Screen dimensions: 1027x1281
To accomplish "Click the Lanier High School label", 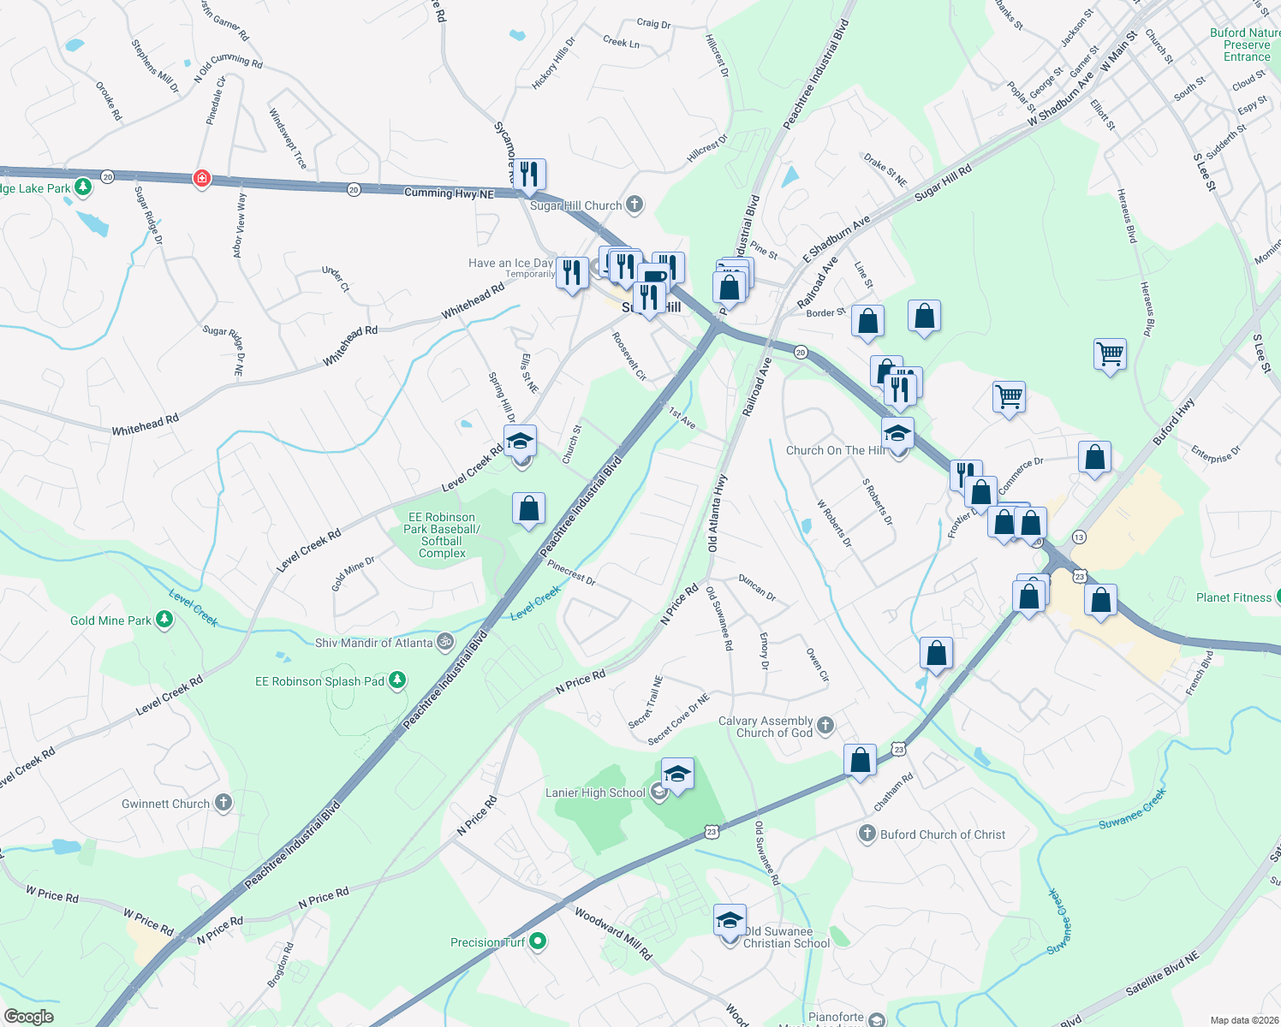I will pos(595,793).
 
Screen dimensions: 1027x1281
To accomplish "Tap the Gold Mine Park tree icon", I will pos(164,620).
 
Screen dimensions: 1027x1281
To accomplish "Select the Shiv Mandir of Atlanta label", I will pos(374,643).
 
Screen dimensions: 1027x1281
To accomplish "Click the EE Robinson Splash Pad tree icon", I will pos(396,681).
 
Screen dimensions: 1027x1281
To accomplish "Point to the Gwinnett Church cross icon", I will pos(223,803).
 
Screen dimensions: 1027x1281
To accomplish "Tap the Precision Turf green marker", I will pos(538,942).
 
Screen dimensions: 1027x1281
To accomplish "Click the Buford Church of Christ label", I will pos(943,834).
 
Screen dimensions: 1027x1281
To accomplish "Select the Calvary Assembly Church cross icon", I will pos(825,726).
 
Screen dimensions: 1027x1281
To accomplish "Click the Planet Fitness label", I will pos(1233,597).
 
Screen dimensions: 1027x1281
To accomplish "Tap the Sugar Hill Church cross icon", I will pos(635,205).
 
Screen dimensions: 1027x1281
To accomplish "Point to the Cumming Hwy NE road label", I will pos(449,193).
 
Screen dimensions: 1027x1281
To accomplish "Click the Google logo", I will pos(29,1017).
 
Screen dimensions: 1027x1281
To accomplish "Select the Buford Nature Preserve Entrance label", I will pos(1246,45).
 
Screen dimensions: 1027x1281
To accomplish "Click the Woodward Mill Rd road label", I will pos(613,933).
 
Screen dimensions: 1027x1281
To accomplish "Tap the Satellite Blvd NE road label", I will pos(1162,973).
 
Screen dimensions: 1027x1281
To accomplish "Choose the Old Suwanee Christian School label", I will pos(786,937).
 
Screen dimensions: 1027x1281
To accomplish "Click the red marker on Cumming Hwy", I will pos(202,178).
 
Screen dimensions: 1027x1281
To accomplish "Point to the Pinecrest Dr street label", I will pos(571,573).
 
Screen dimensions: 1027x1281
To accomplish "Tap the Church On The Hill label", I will pos(836,450).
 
